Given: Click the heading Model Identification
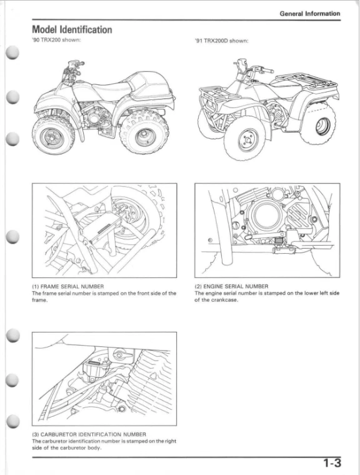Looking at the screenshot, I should pos(72,29).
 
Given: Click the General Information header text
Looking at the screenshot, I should pos(309,13).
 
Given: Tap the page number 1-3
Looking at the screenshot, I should pos(332,463).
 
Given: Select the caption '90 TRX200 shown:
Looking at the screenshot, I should pos(56,42).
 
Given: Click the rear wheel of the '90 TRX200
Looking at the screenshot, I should pos(143,127).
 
